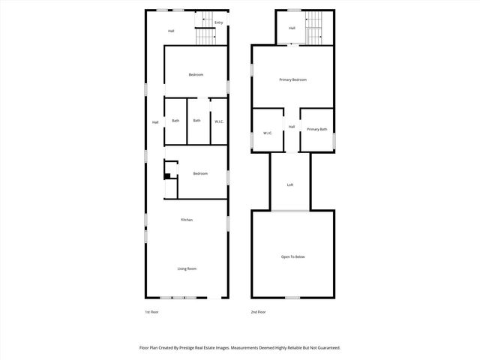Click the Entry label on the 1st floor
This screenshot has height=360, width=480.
pos(218,22)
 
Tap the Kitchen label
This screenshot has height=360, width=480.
pos(187,220)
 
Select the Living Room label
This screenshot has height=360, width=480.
pos(187,268)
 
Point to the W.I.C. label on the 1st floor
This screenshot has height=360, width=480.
pos(218,121)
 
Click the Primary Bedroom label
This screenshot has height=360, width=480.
pos(293,79)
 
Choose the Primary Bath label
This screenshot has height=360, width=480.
pos(317,130)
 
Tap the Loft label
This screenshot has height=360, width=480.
pos(290,185)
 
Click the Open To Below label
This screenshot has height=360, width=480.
pos(293,256)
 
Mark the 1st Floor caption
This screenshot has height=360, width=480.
pos(151,312)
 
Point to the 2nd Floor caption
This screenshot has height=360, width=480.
pos(258,312)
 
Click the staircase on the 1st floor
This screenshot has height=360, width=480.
pos(204,34)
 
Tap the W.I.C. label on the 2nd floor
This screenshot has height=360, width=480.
pos(267,133)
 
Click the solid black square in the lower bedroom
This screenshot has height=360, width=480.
pos(168,177)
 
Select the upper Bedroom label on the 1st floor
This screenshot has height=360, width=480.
pos(196,74)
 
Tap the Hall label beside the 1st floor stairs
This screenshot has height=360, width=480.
pos(171,31)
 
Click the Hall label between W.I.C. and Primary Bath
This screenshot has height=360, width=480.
pos(292,127)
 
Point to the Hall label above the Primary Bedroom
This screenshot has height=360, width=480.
pos(292,28)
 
